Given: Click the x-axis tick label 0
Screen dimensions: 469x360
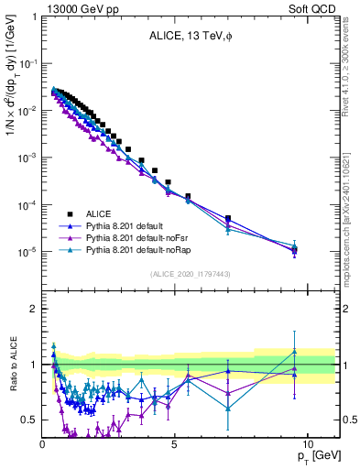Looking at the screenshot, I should click(x=43, y=443).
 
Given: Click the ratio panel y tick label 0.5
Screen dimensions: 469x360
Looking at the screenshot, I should click(x=29, y=420).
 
